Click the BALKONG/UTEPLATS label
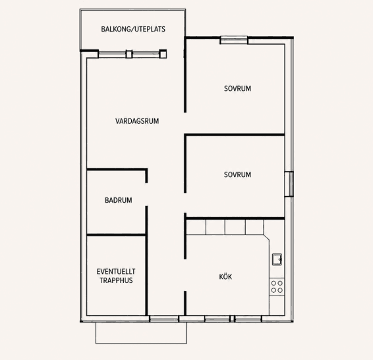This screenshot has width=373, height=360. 133,29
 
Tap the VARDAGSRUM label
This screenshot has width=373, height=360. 137,121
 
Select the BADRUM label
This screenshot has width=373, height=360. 119,200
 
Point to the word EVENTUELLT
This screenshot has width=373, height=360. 116,271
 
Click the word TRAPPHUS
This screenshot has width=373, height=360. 116,280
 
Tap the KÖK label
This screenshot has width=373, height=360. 225,276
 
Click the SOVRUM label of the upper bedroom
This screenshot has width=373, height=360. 237,88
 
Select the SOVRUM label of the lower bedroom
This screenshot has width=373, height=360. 237,174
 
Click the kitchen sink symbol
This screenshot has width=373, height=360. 277,259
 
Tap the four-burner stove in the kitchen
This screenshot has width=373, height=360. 277,287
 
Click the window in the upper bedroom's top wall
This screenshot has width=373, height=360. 234,40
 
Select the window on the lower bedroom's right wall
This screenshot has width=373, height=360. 289,184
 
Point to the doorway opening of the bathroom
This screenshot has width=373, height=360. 146,194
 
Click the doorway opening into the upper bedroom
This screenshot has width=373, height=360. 185,123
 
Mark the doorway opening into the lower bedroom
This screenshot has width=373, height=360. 185,203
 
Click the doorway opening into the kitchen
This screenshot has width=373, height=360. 185,275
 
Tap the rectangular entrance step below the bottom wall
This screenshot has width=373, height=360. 141,333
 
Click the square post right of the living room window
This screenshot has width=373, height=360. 163,54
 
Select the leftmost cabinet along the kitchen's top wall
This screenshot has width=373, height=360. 196,227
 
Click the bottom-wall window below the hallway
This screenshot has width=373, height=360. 164,319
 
